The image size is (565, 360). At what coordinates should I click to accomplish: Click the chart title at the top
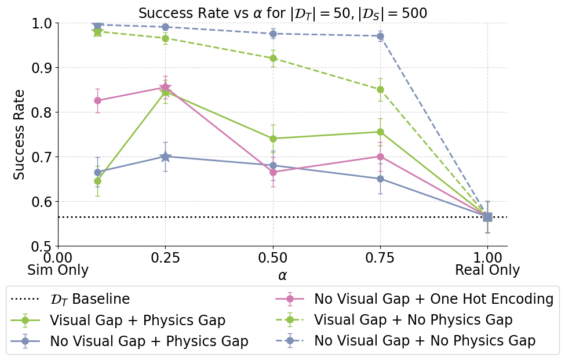(x=282, y=13)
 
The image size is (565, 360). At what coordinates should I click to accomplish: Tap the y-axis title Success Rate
(x=19, y=134)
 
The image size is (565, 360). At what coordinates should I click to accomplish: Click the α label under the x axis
(x=282, y=275)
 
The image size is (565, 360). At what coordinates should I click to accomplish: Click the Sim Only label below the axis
(x=58, y=270)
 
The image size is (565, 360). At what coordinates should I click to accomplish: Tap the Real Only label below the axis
(x=487, y=270)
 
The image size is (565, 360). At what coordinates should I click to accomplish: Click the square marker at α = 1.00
(x=487, y=217)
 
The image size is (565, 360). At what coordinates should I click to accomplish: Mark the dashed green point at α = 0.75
(x=380, y=89)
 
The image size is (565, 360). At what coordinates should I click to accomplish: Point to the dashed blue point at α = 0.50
(x=273, y=34)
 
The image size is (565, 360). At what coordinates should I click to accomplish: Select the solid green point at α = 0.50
(x=273, y=139)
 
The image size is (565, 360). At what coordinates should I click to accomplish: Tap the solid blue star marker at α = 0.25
(x=165, y=157)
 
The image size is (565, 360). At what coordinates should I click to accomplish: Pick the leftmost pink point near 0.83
(x=97, y=100)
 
